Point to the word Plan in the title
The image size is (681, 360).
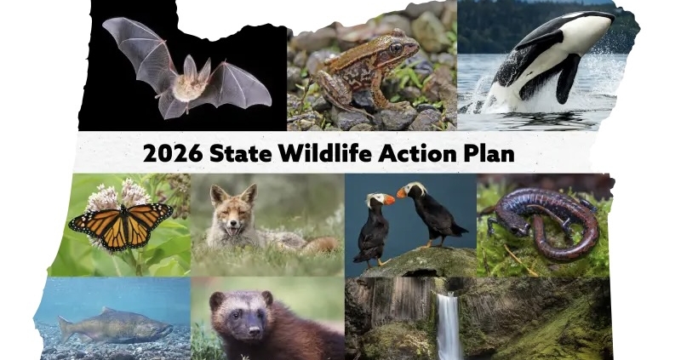pyautogui.click(x=492, y=153)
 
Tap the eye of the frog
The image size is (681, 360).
pyautogui.click(x=395, y=49)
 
